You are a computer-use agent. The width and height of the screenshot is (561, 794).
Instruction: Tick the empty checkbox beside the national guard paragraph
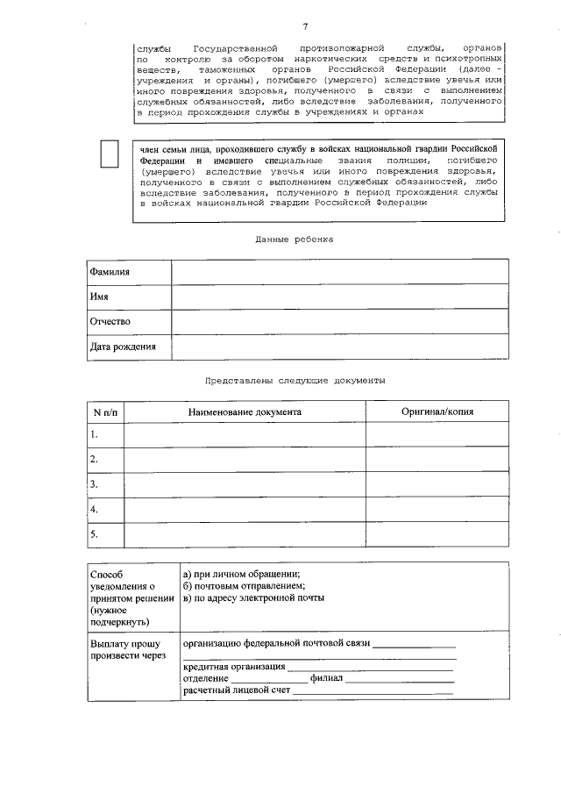tap(110, 154)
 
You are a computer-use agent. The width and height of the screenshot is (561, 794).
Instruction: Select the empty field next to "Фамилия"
tap(339, 272)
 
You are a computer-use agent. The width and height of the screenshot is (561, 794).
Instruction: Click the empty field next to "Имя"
tap(339, 297)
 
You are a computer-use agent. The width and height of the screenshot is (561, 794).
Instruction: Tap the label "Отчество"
tap(110, 322)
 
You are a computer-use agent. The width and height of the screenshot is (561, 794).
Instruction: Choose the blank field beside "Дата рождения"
tap(339, 347)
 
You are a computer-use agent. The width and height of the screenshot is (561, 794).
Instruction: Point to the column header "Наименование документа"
tap(245, 411)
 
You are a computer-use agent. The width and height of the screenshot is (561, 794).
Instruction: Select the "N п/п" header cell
tap(105, 411)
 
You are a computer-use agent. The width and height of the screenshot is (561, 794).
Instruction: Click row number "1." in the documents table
tap(95, 434)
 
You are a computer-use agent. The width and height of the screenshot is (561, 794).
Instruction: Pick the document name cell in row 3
tap(245, 484)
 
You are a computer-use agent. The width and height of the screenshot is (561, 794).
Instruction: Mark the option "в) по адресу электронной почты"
tap(253, 598)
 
